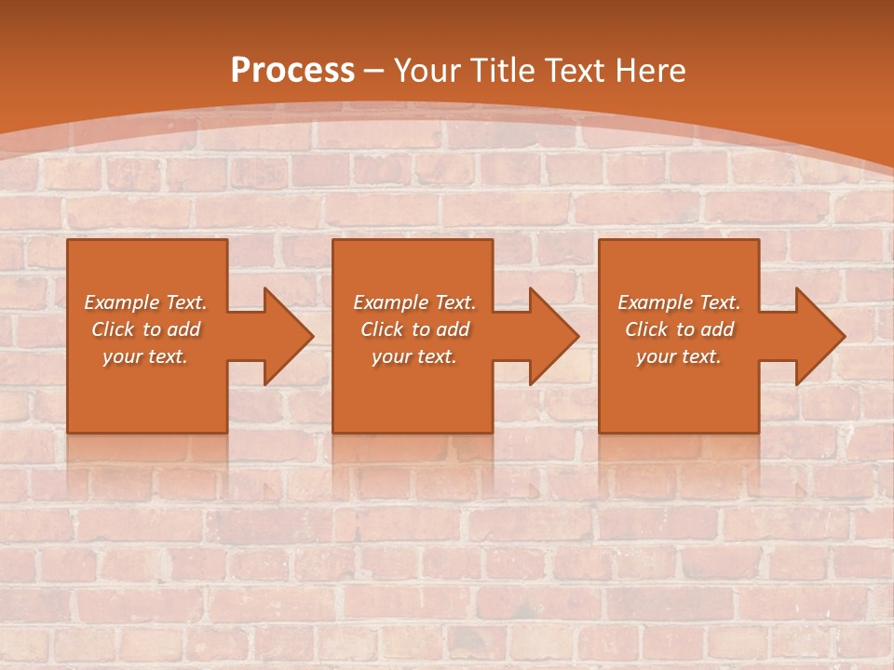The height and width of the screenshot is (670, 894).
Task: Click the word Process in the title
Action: (292, 71)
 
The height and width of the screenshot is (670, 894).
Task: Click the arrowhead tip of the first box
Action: (312, 336)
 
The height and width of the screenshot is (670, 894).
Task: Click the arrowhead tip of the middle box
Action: (577, 336)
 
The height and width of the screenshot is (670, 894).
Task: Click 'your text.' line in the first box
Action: (145, 356)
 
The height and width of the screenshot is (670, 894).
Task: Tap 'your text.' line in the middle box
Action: (413, 356)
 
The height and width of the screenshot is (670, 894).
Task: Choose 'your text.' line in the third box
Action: (679, 356)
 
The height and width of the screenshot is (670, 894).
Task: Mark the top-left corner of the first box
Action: (69, 241)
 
